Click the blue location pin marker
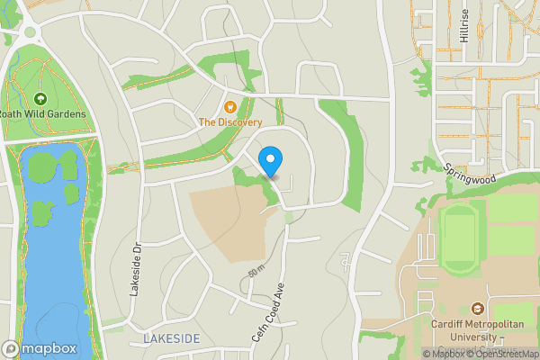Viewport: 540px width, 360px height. click(x=270, y=162)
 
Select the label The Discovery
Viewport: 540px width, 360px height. click(x=230, y=122)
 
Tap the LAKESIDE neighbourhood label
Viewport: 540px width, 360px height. click(x=172, y=338)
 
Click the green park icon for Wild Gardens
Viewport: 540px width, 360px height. click(x=40, y=99)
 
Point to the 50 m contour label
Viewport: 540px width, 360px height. click(x=256, y=272)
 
